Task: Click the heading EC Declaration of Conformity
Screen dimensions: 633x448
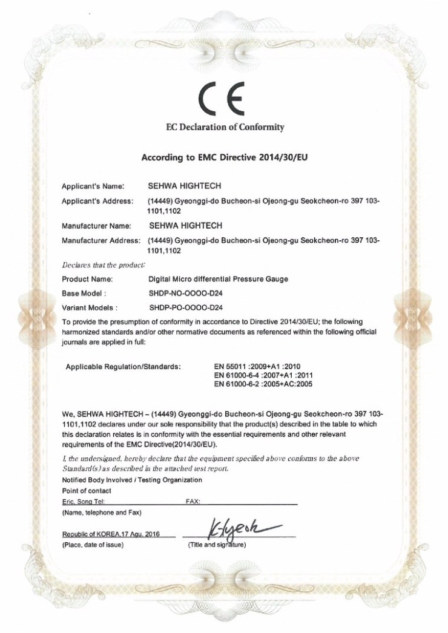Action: [225, 127]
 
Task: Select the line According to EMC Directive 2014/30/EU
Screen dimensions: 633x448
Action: [225, 157]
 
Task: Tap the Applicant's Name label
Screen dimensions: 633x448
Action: [93, 186]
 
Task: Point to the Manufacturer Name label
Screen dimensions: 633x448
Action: [97, 226]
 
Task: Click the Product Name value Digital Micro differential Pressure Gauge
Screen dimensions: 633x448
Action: [218, 279]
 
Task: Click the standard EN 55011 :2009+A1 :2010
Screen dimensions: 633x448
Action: [262, 366]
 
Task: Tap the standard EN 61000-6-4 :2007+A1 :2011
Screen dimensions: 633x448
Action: [265, 375]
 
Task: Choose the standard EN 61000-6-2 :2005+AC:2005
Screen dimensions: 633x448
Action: [265, 384]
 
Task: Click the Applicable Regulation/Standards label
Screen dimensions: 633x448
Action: [123, 367]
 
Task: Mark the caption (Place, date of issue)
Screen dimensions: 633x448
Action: [93, 545]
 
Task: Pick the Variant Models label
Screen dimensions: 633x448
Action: [90, 307]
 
